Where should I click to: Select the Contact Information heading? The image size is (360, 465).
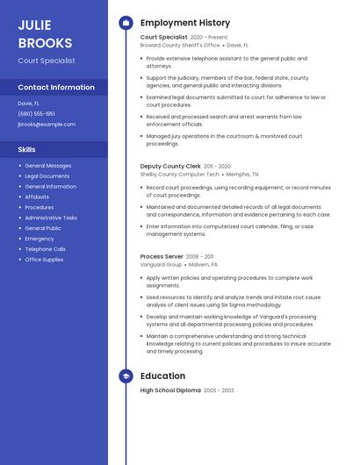[56, 88]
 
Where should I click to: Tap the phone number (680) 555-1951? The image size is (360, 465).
[37, 114]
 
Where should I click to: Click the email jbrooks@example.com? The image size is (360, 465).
[47, 125]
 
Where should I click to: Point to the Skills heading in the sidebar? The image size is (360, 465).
[26, 150]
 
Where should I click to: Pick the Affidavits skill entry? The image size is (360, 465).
[37, 197]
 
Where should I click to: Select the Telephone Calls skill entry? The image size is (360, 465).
[46, 249]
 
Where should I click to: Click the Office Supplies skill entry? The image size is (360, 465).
[45, 260]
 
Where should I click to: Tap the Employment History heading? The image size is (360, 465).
[185, 23]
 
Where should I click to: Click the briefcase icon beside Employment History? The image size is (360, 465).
[126, 23]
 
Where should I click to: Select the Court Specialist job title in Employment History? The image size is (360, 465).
[163, 37]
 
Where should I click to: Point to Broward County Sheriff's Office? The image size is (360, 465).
[180, 45]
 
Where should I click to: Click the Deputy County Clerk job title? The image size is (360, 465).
[170, 166]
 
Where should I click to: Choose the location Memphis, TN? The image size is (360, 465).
[241, 174]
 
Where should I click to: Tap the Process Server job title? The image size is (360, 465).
[161, 256]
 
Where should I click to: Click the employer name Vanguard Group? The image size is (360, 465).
[161, 264]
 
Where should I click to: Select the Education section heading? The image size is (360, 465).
[162, 376]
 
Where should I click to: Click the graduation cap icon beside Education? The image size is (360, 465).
[126, 376]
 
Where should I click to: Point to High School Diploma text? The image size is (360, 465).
[170, 390]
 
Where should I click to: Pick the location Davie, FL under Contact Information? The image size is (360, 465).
[29, 104]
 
